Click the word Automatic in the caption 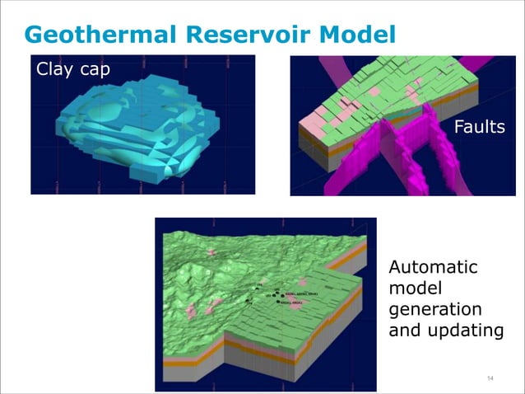432,268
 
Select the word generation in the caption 435,311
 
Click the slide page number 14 490,378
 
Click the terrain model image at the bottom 263,304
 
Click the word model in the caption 416,289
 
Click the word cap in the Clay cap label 94,69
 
